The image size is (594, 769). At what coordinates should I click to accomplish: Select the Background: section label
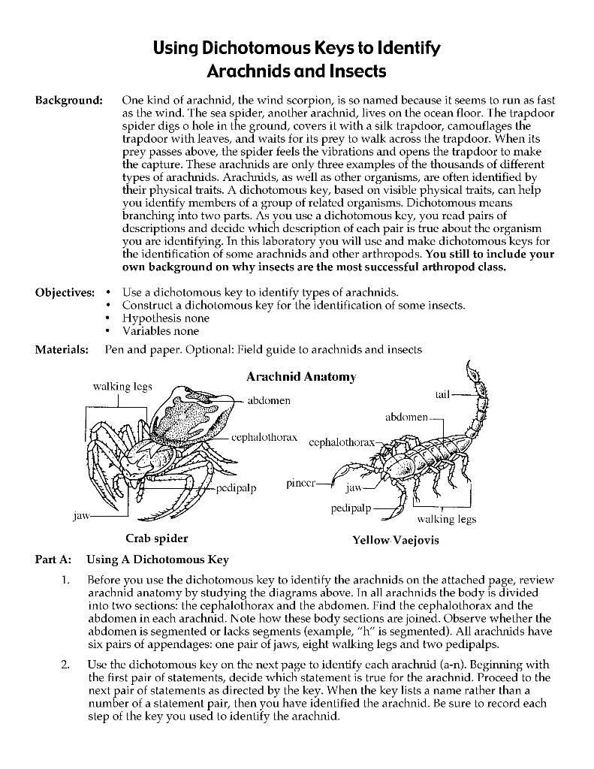coord(68,100)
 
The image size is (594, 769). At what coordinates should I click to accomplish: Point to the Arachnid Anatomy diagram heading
coord(300,376)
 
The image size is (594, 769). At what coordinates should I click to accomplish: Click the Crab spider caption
coord(156,538)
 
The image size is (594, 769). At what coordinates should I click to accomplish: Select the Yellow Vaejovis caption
coord(395,540)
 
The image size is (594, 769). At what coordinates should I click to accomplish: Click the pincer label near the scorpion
coord(302,483)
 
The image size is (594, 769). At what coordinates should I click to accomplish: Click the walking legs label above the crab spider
coord(122,386)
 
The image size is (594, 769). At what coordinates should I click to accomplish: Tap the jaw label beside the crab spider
coord(81,516)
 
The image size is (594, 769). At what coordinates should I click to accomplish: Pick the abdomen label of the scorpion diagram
coord(406,416)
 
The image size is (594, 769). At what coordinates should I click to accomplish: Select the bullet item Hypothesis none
coord(166,318)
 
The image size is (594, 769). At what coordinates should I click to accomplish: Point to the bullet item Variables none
coord(161,330)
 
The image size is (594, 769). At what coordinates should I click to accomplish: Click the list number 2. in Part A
coord(66,665)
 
